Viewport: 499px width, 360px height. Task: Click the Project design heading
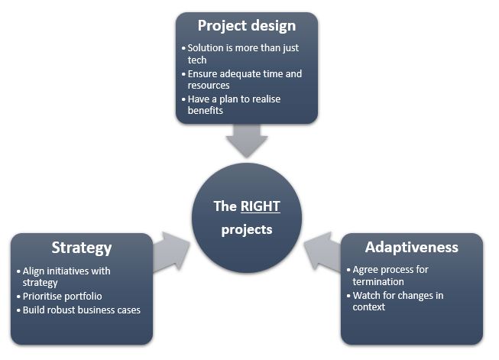point(247,26)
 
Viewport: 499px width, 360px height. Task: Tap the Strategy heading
point(82,248)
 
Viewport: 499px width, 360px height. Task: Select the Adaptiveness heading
point(412,248)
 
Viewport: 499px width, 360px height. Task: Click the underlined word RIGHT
point(261,206)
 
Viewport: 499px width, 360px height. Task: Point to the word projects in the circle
point(247,230)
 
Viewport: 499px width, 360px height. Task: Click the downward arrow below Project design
point(247,141)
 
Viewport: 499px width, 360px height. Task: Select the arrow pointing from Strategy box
point(171,252)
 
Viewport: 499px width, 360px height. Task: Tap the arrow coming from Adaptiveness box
point(322,252)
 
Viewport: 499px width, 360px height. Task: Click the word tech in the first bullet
point(197,60)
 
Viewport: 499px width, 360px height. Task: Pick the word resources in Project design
point(209,86)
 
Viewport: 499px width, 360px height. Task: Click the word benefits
point(206,111)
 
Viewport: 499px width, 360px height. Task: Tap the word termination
point(378,282)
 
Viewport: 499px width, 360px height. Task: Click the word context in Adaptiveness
point(369,306)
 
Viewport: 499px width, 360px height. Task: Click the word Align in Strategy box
point(34,271)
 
